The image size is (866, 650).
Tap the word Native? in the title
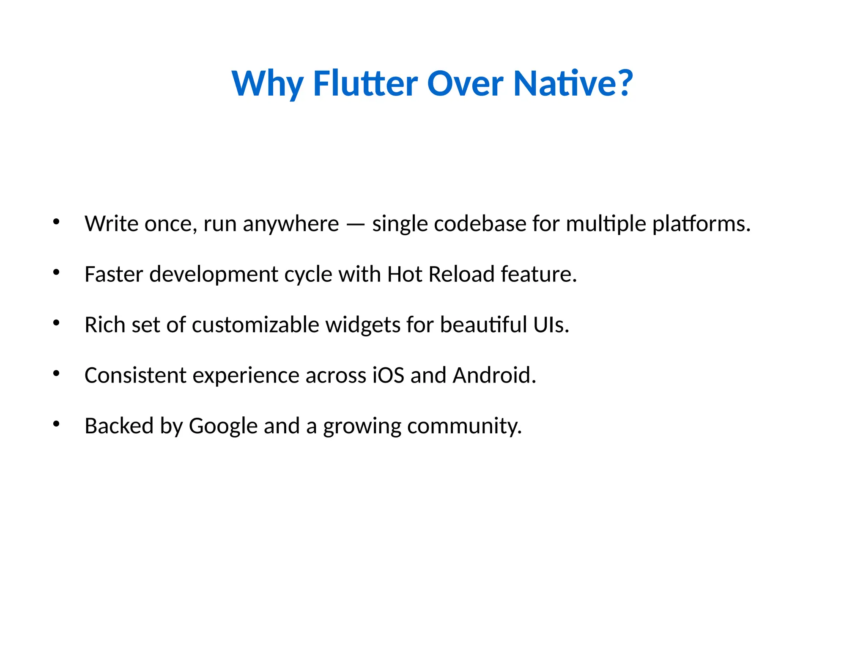(573, 83)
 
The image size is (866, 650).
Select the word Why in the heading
(267, 83)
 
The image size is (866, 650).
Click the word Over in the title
(465, 83)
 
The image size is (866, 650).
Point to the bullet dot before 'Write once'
(56, 222)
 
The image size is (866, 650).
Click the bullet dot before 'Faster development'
(56, 273)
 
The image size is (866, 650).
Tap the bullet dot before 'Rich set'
(56, 323)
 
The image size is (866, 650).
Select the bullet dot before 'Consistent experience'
(56, 374)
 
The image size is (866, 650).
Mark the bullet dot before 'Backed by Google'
(56, 424)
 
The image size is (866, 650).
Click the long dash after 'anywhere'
(355, 225)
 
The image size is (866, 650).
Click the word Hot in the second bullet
(405, 274)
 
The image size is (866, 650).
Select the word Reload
(461, 274)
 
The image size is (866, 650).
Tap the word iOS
(388, 375)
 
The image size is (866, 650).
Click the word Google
(223, 426)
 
